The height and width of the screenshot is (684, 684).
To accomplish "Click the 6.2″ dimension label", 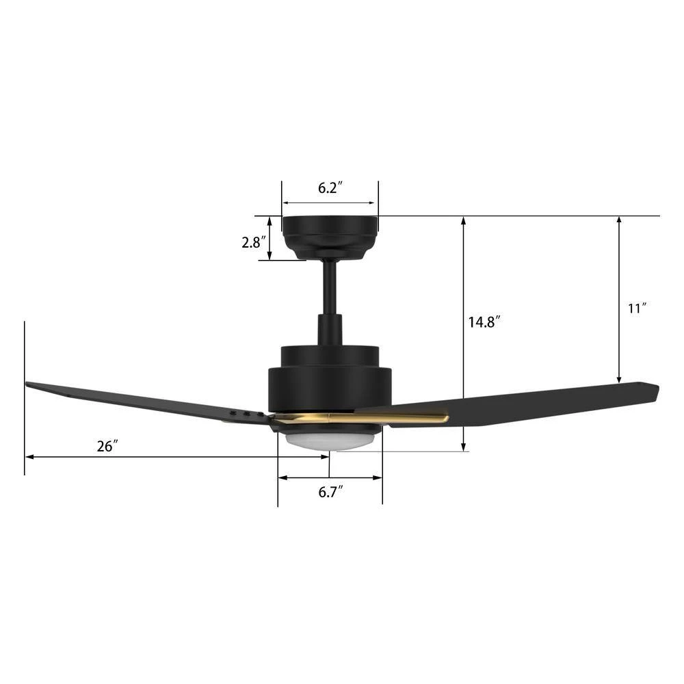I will (330, 189).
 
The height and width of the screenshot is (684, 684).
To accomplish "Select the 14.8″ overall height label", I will (485, 321).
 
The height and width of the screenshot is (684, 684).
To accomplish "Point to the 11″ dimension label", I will (637, 308).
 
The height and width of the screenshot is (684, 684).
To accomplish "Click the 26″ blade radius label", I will (107, 447).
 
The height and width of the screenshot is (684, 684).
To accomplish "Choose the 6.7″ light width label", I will (330, 491).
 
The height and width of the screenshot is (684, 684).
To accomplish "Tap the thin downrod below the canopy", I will (330, 287).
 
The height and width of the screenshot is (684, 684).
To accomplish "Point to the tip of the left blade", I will (29, 385).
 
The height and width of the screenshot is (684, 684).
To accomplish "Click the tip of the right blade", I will (655, 391).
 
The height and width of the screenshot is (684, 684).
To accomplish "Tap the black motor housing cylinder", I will (330, 386).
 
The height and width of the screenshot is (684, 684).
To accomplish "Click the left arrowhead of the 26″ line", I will (28, 457).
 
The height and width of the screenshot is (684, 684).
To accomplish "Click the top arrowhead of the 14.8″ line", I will (464, 220).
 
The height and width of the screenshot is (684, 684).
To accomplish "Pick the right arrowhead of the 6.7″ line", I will (378, 478).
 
